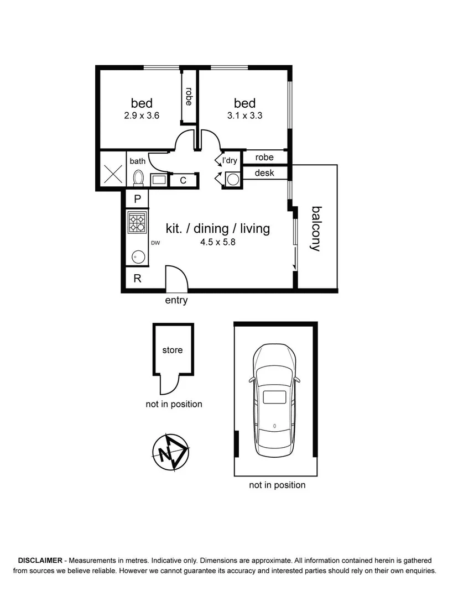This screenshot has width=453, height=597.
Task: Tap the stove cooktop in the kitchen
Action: tap(137, 222)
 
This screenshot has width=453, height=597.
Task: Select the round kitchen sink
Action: tap(137, 256)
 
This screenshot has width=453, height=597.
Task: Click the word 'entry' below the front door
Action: tap(176, 301)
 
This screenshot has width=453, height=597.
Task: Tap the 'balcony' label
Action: tap(316, 228)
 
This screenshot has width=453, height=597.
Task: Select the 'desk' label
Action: tap(264, 173)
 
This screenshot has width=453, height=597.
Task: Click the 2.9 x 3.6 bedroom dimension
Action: tap(142, 116)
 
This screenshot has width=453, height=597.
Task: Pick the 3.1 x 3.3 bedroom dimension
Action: tap(244, 116)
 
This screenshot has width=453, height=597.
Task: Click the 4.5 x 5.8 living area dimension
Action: tap(218, 242)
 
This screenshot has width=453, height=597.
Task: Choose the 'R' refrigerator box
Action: tap(138, 279)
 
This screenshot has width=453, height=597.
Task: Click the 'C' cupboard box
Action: tap(183, 180)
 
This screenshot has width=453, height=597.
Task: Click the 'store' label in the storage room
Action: tap(173, 350)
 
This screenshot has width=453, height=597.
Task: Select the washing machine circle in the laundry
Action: tap(233, 179)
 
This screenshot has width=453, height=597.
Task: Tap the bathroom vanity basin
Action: tap(159, 180)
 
